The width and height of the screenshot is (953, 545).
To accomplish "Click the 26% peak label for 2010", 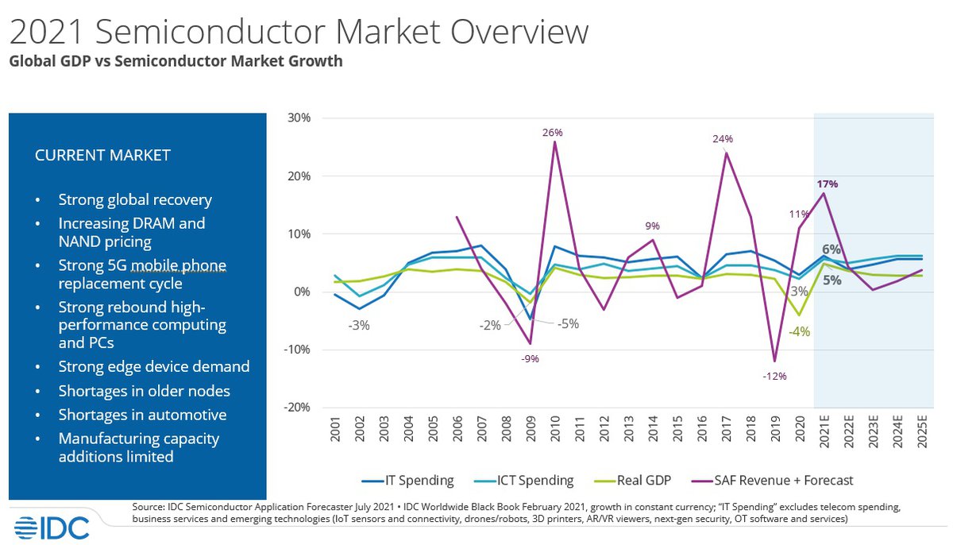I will click(553, 133).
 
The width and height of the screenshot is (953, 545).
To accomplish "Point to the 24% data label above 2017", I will click(722, 139).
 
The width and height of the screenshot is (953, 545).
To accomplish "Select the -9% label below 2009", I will click(530, 359).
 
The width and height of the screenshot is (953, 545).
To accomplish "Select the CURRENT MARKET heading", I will click(102, 156).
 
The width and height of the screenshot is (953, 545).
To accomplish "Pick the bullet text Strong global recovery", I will click(135, 199).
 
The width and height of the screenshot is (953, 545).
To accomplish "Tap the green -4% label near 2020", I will click(799, 332).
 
